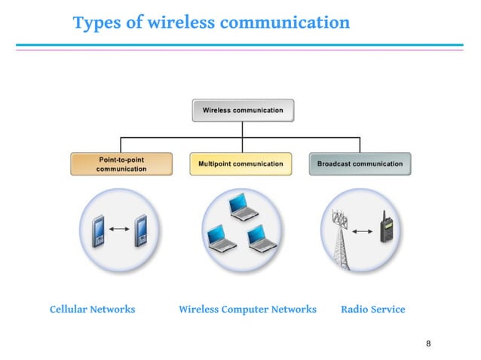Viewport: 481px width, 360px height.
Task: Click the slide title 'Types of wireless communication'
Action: click(x=211, y=23)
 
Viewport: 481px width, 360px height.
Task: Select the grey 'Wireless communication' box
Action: click(x=243, y=110)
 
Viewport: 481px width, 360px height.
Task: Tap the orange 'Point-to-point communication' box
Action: click(x=121, y=164)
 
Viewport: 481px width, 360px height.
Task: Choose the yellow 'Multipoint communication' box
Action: click(x=240, y=163)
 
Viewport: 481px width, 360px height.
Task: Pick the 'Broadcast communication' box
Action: click(x=360, y=163)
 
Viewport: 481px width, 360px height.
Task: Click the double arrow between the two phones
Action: click(x=119, y=228)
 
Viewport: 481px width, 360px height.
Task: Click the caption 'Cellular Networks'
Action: click(x=92, y=310)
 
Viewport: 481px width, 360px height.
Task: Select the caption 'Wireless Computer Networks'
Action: click(x=247, y=310)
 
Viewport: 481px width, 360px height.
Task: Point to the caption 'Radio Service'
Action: click(x=372, y=310)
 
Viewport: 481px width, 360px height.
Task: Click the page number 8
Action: click(x=428, y=344)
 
